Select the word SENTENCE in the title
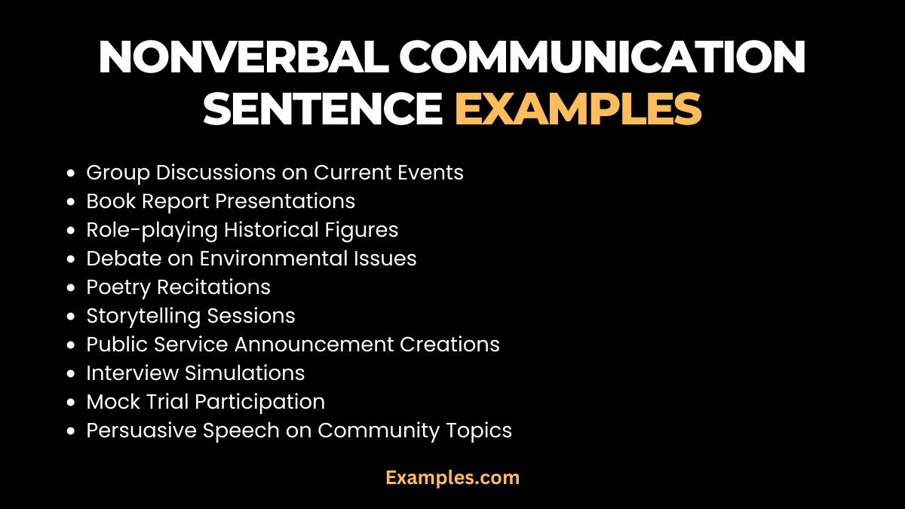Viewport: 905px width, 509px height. coord(323,109)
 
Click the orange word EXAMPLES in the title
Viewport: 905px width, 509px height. coord(578,109)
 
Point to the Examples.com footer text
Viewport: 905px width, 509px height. coord(452,477)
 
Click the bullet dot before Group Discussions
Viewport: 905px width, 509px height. coord(71,173)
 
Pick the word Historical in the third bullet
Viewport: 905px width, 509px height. coord(276,230)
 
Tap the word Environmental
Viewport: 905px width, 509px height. coord(275,259)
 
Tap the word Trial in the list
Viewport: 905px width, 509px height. coord(167,402)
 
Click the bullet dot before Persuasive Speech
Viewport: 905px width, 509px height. coord(71,431)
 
